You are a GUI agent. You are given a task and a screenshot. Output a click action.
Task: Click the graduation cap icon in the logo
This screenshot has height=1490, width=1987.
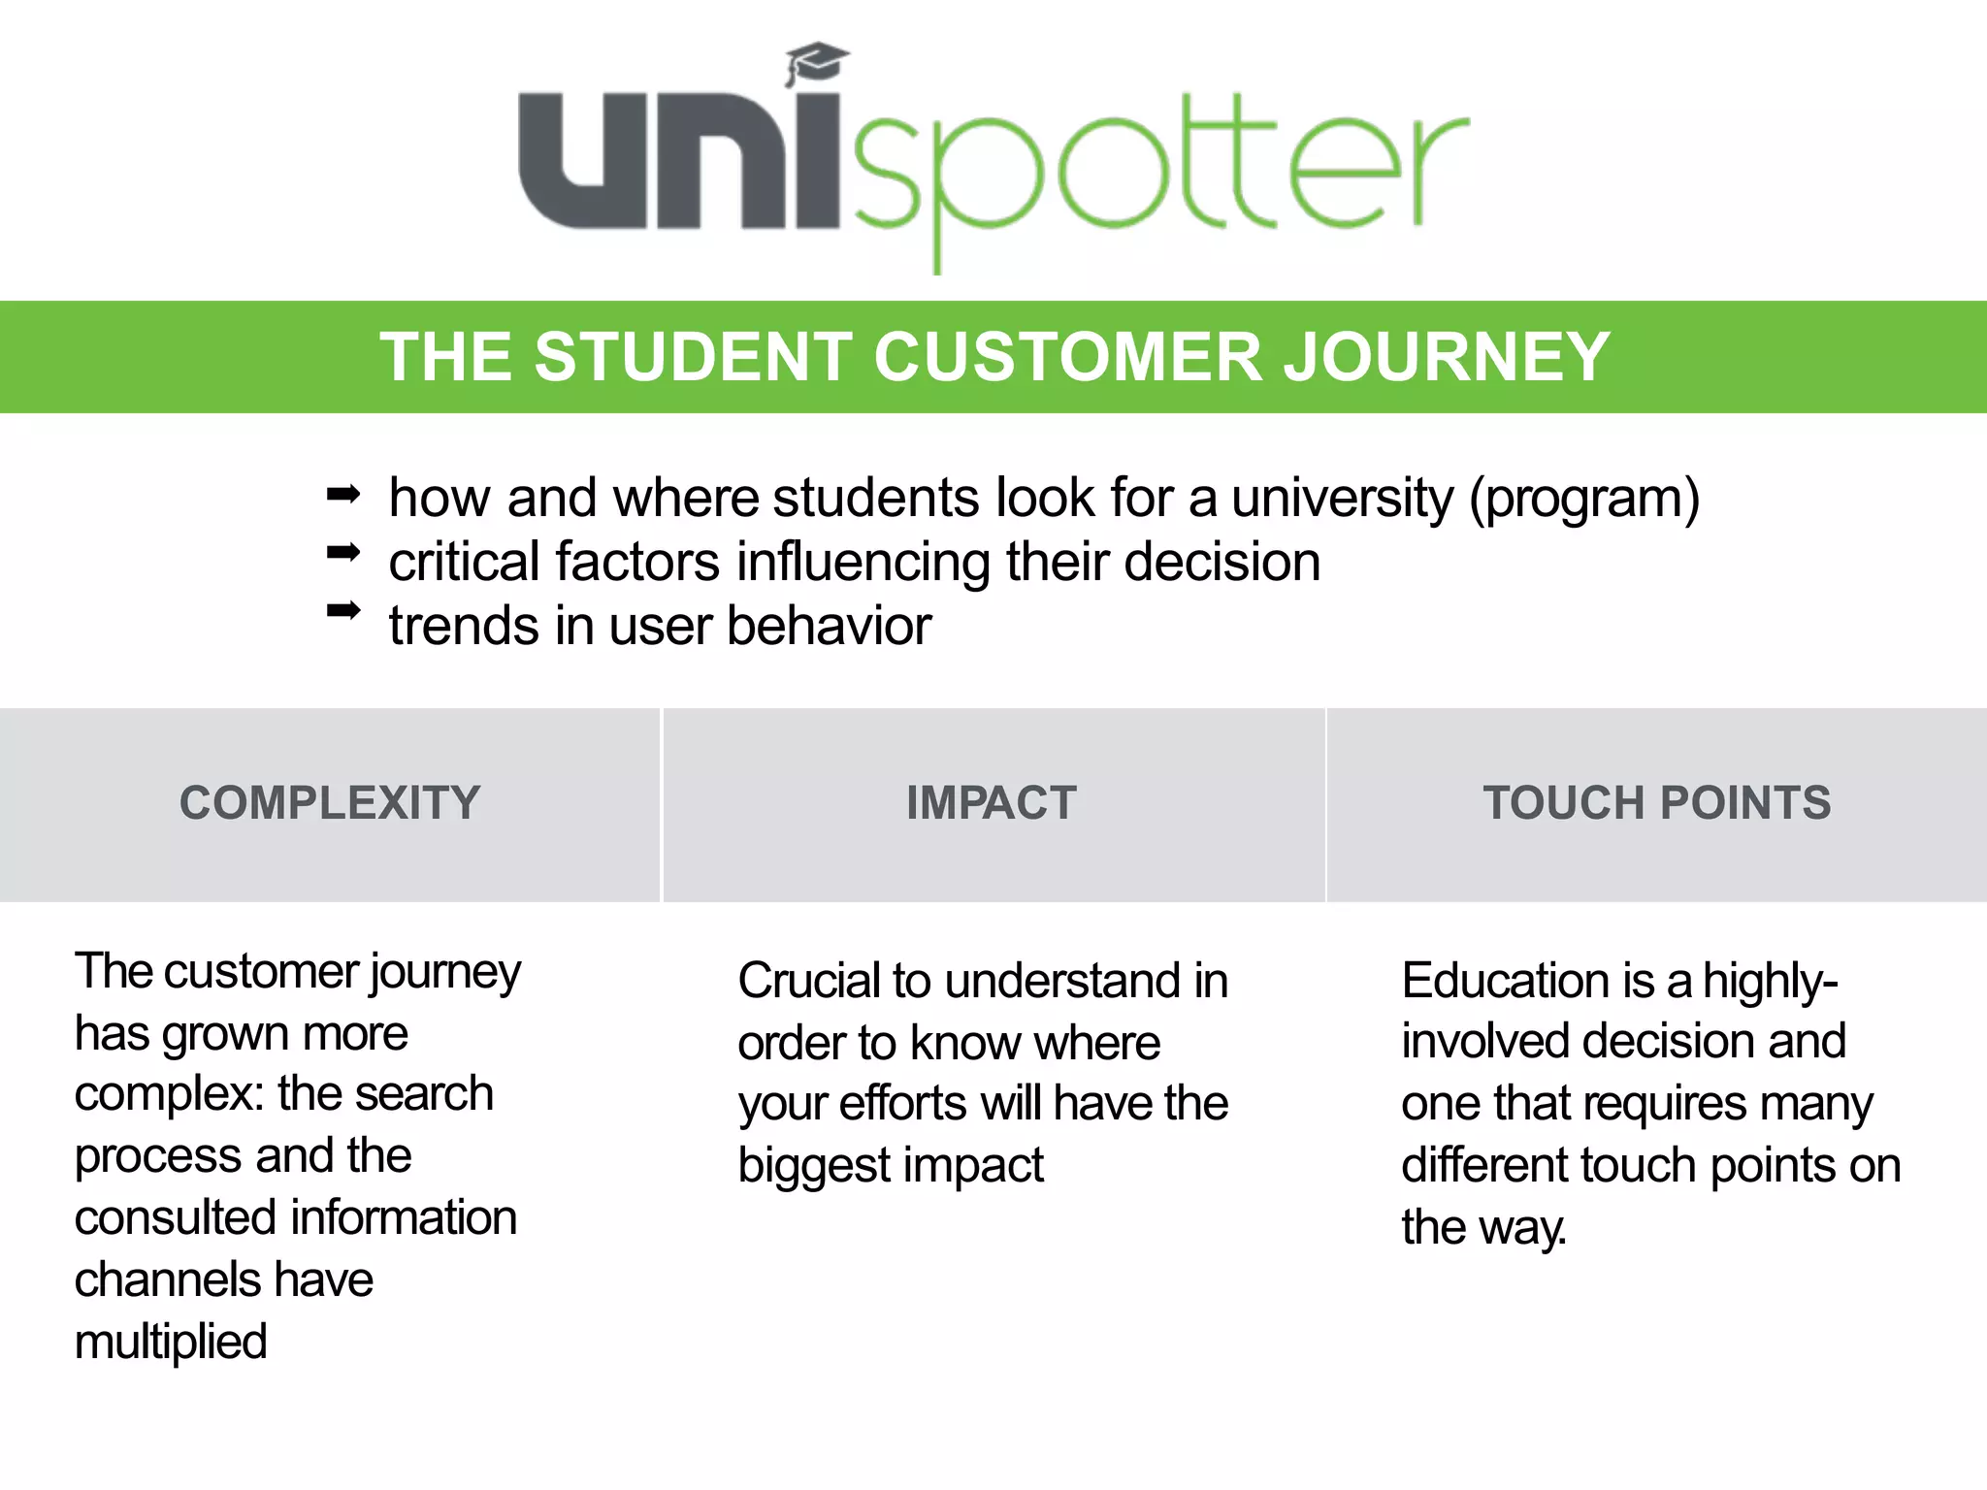pyautogui.click(x=817, y=63)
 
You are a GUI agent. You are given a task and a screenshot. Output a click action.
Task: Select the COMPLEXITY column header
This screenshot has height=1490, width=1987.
pyautogui.click(x=330, y=803)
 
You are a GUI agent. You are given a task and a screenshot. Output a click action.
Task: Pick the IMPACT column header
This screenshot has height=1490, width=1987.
pyautogui.click(x=992, y=803)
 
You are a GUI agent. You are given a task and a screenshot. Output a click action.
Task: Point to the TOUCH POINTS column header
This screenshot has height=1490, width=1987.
pyautogui.click(x=1656, y=803)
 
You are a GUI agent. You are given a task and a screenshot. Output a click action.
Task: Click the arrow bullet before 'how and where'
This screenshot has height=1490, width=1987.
pyautogui.click(x=343, y=496)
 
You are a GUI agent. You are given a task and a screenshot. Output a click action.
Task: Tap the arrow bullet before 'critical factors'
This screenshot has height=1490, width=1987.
pyautogui.click(x=343, y=553)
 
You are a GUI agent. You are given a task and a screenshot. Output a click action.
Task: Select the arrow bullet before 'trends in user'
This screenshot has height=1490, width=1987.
pyautogui.click(x=343, y=610)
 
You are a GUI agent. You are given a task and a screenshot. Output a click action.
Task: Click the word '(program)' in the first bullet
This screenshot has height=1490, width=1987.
pyautogui.click(x=1583, y=499)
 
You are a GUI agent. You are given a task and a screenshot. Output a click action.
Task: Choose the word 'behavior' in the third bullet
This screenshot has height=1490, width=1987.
pyautogui.click(x=829, y=626)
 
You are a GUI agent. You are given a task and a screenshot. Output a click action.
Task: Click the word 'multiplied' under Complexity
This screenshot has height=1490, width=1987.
pyautogui.click(x=171, y=1343)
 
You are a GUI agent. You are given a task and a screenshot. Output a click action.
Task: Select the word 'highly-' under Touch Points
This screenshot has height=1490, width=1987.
pyautogui.click(x=1771, y=981)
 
